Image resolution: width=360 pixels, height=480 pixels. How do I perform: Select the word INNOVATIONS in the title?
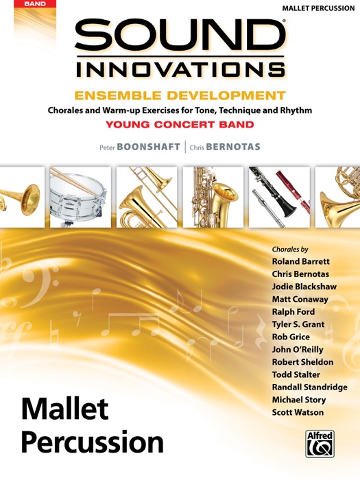click(x=180, y=69)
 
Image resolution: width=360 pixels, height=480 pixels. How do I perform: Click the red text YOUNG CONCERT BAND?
click(x=180, y=125)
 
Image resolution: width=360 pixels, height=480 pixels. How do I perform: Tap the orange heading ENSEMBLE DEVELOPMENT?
click(x=180, y=96)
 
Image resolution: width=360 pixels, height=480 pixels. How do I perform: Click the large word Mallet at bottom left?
click(x=64, y=409)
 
